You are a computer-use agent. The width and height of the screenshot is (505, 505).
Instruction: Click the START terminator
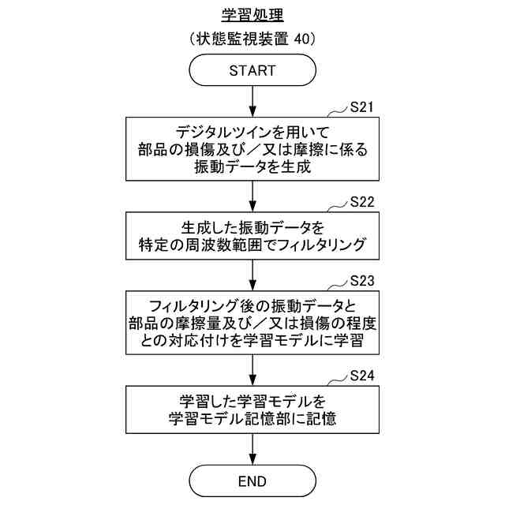252,70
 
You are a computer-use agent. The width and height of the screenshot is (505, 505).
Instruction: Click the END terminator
252,481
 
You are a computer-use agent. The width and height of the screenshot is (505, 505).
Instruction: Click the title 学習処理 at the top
252,15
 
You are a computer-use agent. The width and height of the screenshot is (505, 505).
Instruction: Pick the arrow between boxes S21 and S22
252,196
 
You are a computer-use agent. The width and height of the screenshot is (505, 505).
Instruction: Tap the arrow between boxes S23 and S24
252,370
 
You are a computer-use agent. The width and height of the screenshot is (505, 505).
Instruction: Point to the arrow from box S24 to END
252,449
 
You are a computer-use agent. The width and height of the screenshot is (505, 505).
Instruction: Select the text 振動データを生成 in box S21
252,166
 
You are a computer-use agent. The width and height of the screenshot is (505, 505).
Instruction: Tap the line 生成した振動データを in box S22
252,229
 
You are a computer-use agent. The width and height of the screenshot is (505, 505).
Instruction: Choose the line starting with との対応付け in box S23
252,340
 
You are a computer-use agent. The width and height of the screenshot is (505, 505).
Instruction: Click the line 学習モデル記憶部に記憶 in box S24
252,419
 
